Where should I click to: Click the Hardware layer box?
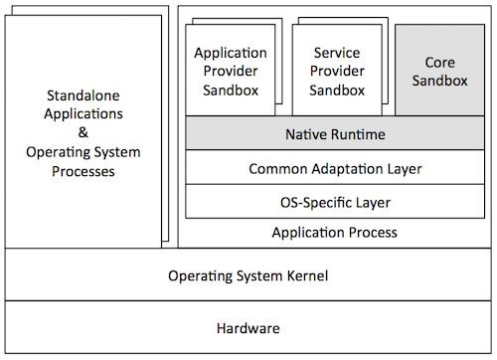[248, 328]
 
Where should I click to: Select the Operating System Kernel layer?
[248, 275]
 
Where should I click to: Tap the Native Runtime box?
[335, 132]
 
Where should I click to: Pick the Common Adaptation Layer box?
[335, 168]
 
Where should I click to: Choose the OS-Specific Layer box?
[335, 203]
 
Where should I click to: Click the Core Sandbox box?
[438, 71]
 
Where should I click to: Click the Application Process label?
[335, 233]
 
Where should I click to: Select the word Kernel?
[305, 275]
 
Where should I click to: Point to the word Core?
[439, 62]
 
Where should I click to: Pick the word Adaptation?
[344, 168]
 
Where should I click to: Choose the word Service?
[336, 52]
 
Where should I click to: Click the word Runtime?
[360, 132]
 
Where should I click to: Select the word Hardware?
[248, 328]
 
